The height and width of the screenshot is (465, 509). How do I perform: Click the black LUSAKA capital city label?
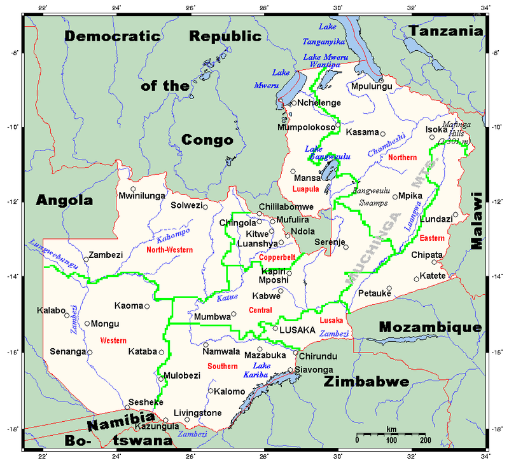point(298,330)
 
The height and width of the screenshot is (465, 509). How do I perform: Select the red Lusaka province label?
point(331,321)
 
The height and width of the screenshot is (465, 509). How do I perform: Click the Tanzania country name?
point(451,30)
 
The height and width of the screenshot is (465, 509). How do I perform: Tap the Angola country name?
point(64,200)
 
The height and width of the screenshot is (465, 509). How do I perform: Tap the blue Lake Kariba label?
point(264,371)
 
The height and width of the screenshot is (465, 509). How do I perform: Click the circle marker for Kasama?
point(382,133)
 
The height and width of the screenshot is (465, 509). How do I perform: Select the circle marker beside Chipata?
point(435,262)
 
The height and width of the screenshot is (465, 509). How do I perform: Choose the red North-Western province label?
point(169,250)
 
